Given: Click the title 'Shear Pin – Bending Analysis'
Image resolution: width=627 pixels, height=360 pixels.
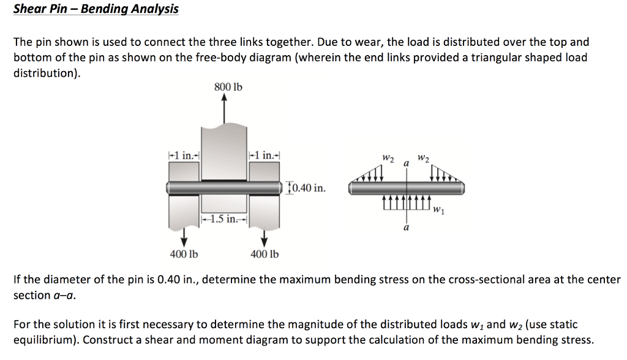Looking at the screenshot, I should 96,9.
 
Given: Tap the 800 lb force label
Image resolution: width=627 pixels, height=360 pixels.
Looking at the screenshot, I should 228,88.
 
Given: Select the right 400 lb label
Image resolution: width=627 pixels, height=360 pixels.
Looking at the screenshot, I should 265,254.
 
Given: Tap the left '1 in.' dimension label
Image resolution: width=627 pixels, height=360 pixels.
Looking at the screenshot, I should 183,155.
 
